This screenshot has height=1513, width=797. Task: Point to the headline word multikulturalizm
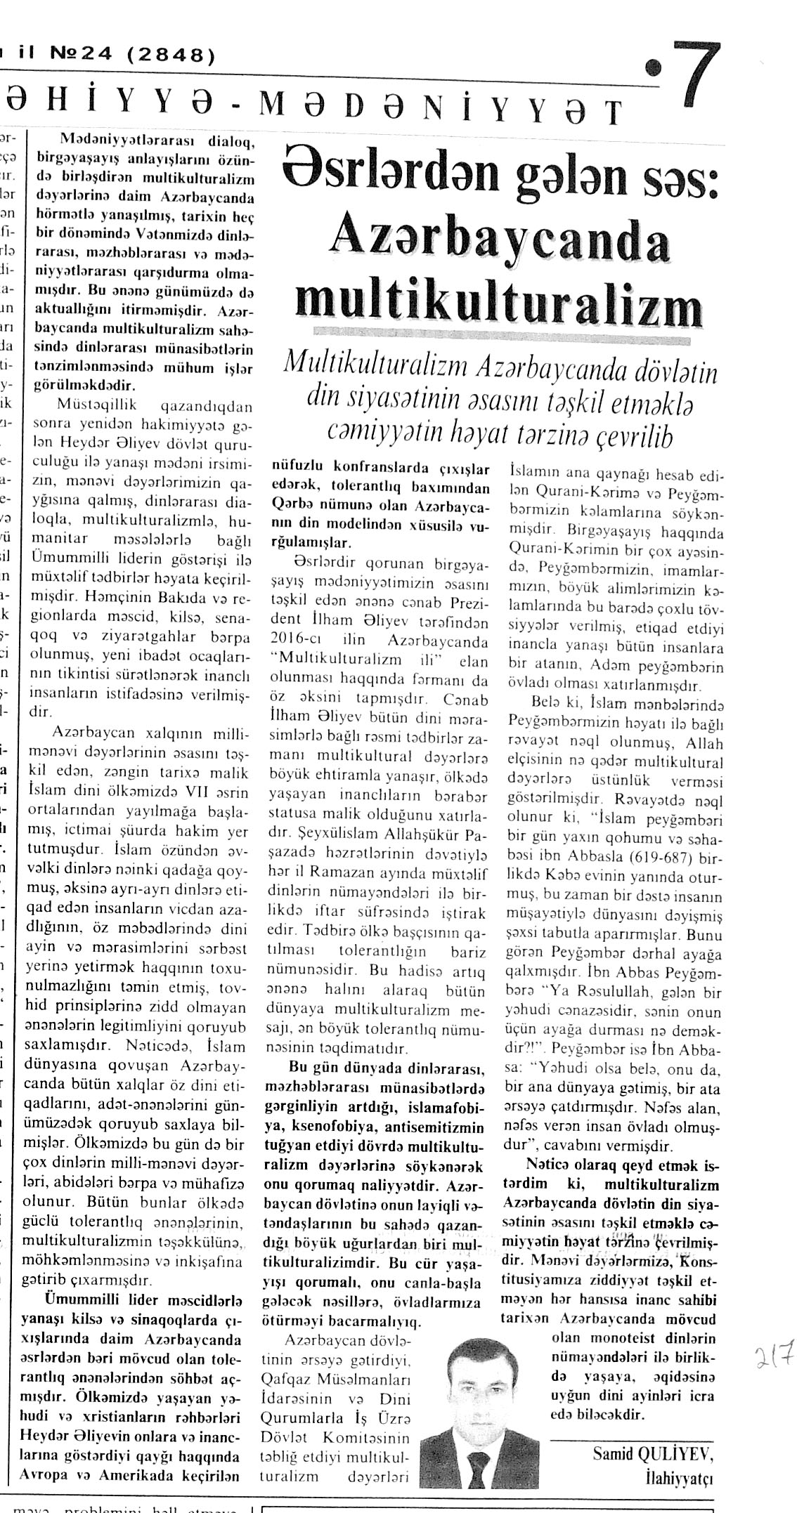(498, 303)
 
